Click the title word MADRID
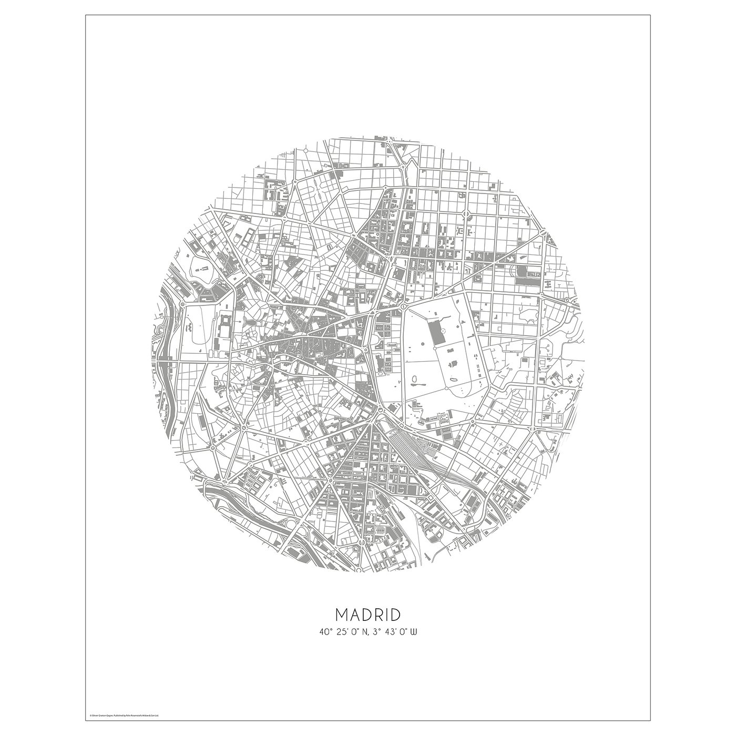367,614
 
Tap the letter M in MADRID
341,614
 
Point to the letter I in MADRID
387,614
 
